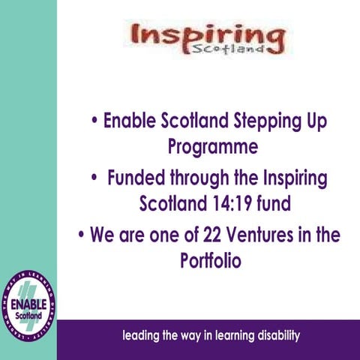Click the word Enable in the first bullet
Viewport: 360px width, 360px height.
[130, 121]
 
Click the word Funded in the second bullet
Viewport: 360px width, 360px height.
[135, 179]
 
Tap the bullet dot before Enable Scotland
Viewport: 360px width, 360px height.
[93, 121]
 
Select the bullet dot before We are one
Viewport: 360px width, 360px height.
[80, 235]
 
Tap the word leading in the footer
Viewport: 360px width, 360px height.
[142, 335]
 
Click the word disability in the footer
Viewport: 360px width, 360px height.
[274, 335]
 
